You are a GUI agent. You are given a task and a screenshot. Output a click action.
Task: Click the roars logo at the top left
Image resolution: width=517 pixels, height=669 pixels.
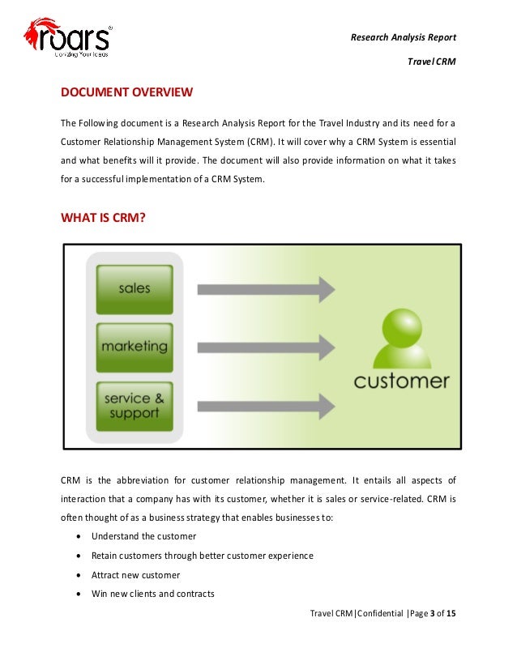click(68, 38)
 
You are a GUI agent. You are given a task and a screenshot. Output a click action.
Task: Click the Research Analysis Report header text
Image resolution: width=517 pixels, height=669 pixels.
click(404, 37)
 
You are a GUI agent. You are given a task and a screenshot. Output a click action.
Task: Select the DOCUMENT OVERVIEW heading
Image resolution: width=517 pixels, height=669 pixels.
click(126, 92)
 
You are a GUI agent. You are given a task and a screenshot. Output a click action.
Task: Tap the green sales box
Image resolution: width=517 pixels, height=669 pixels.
click(134, 288)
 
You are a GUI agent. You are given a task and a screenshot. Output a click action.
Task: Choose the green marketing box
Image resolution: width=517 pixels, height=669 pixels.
click(134, 347)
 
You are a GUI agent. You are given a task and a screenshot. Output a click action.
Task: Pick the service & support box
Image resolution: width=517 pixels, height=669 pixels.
click(134, 405)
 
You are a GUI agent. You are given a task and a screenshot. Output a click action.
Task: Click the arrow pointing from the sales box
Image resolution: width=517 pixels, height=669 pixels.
click(266, 289)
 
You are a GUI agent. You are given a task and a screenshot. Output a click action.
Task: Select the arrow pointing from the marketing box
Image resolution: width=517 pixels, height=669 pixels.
click(266, 347)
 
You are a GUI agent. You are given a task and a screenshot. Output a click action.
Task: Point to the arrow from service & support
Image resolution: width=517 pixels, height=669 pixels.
click(266, 404)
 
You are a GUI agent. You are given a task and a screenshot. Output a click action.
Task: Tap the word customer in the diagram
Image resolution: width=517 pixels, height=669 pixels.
click(401, 380)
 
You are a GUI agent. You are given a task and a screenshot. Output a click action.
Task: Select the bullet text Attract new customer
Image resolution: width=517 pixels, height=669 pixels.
click(135, 575)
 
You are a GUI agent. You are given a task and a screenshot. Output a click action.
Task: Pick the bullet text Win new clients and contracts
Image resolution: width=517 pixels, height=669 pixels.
click(152, 594)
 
